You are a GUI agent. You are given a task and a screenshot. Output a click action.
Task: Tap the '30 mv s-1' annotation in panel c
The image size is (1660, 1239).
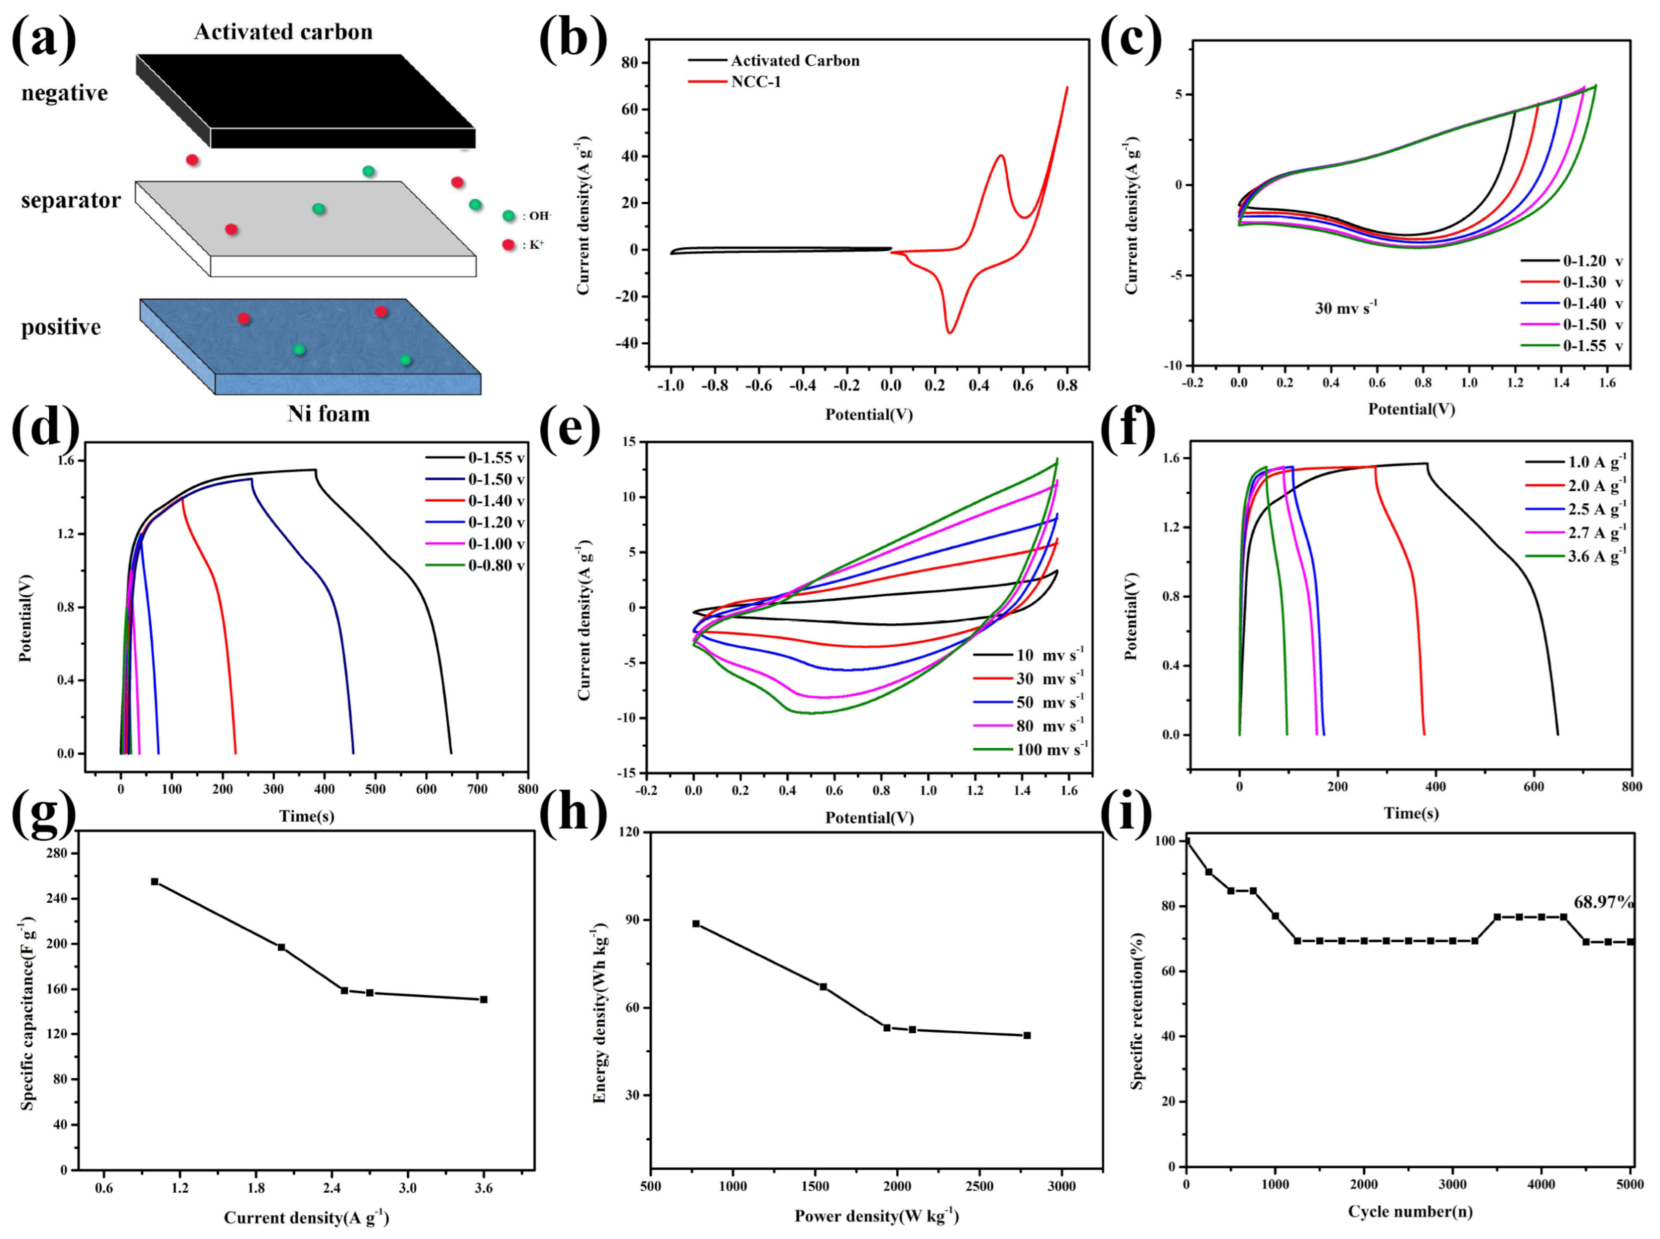click(1346, 308)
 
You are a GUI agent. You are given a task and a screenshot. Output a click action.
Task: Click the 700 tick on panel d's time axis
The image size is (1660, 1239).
click(478, 789)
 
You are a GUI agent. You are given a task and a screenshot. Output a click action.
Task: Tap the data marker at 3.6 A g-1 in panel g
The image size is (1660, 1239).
click(484, 999)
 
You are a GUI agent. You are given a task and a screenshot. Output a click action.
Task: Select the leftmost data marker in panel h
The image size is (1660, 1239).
click(695, 924)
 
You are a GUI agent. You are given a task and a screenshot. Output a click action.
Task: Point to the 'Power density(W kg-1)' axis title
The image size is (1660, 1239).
click(877, 1216)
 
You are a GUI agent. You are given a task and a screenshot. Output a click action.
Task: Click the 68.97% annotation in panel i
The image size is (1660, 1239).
click(1603, 902)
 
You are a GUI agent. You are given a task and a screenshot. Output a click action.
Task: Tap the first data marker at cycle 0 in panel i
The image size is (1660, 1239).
click(1187, 842)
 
